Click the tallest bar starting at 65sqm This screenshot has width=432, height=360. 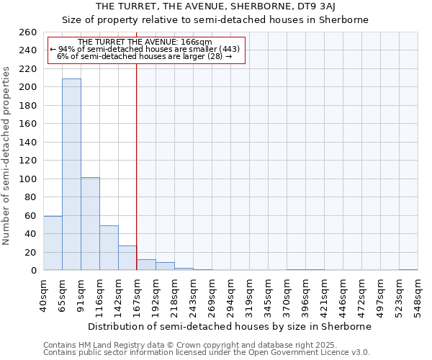click(71, 174)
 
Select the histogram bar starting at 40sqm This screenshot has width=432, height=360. click(53, 243)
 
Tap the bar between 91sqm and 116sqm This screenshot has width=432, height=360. click(90, 223)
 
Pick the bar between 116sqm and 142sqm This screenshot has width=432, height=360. click(109, 248)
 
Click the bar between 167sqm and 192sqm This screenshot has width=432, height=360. click(146, 265)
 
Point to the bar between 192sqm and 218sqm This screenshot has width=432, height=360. click(165, 266)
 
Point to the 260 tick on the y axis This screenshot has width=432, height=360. click(28, 32)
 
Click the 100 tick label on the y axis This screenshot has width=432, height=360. click(28, 179)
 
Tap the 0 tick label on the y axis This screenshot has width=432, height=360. click(34, 271)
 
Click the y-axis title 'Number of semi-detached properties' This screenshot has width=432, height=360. click(7, 155)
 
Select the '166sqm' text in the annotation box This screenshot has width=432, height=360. click(195, 42)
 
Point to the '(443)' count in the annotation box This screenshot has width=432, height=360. click(225, 49)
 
